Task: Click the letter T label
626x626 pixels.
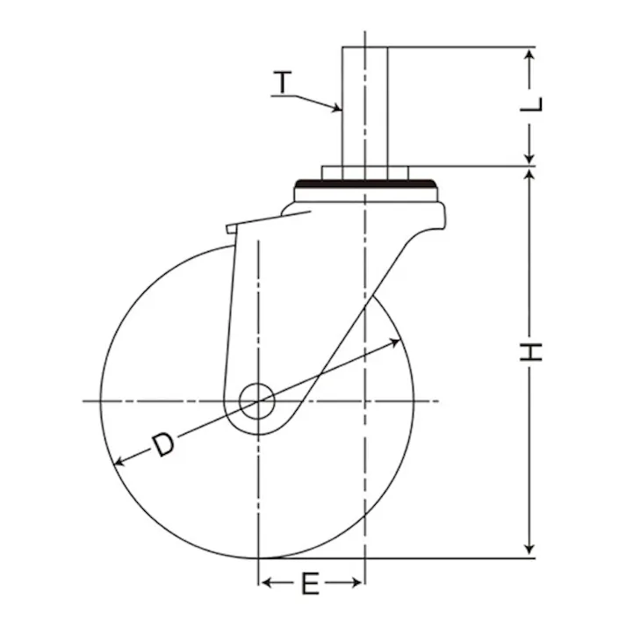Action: tap(283, 82)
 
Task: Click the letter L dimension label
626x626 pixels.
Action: tap(531, 104)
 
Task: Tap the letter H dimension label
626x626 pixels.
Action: tap(531, 352)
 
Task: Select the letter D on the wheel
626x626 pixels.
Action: tap(163, 445)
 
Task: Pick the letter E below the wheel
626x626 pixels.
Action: tap(310, 583)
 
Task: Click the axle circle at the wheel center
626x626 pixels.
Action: tap(257, 401)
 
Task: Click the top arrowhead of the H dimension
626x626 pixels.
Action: tap(529, 176)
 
